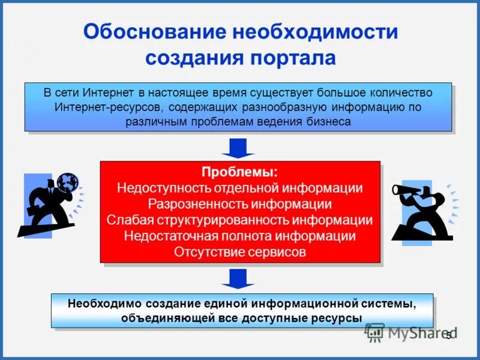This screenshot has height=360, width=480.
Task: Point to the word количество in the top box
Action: click(x=400, y=93)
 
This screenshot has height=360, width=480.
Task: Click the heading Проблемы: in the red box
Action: click(x=239, y=172)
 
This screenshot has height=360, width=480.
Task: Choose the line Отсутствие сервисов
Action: click(x=239, y=252)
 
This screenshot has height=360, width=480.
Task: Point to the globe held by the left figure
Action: click(x=68, y=181)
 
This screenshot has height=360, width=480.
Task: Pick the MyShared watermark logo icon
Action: click(x=375, y=332)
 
